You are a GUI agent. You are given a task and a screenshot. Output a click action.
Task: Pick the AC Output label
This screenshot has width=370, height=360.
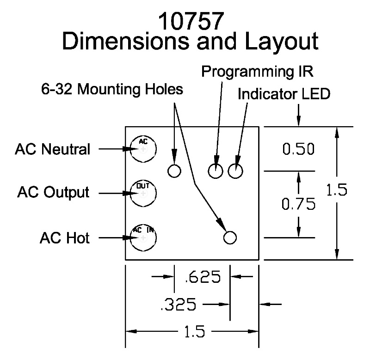point(53,191)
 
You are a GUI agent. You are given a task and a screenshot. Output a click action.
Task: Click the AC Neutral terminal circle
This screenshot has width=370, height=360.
point(143,149)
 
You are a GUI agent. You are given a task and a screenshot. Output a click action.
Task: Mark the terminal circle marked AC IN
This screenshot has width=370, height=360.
point(143,238)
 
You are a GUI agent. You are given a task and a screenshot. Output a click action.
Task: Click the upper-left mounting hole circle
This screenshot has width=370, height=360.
point(174,171)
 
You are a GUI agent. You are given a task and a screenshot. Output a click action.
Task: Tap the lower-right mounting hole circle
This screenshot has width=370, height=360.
point(230,238)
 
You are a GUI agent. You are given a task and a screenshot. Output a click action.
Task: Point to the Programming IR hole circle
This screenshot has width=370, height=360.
point(215,171)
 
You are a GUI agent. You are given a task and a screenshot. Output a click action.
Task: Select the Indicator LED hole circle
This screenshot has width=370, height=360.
point(235,171)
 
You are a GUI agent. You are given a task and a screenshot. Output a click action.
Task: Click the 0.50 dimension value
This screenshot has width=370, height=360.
point(298,149)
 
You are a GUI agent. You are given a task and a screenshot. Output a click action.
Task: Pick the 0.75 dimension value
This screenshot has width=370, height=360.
point(298,204)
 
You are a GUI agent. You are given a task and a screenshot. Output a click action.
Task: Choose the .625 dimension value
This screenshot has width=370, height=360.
point(203,278)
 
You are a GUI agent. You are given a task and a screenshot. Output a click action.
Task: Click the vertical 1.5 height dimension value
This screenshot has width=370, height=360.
point(337,191)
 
